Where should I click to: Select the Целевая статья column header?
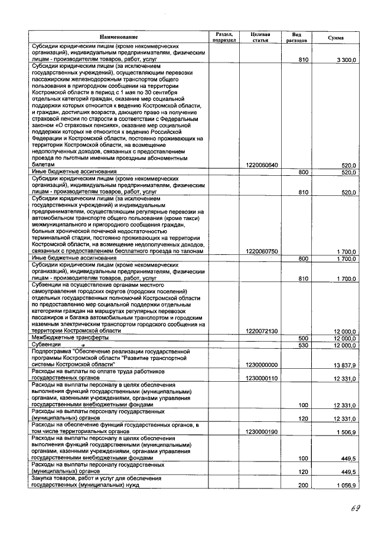(x=260, y=37)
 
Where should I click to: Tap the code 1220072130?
(x=260, y=331)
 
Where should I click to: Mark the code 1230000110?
(x=260, y=378)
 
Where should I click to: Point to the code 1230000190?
(x=260, y=431)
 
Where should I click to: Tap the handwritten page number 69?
(x=354, y=509)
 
